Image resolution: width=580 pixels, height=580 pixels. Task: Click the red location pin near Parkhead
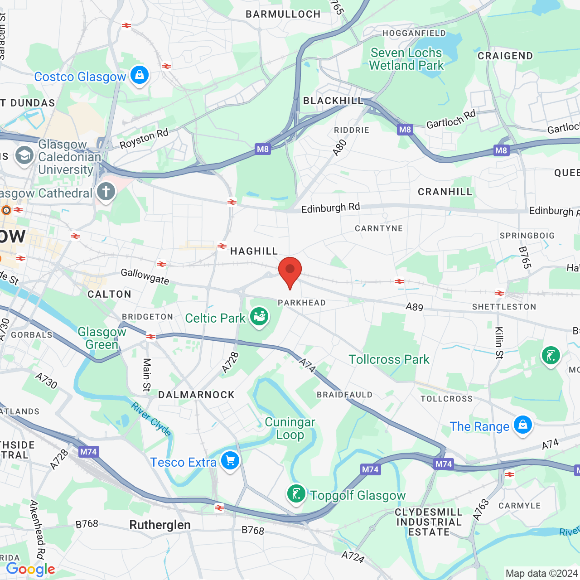click(x=290, y=271)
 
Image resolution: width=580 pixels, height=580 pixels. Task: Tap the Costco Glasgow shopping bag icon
click(x=140, y=75)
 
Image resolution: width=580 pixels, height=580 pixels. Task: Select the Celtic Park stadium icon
click(x=259, y=316)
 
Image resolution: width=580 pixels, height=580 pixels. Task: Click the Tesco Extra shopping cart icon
click(x=230, y=461)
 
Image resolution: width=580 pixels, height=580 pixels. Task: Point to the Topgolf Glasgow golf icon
click(x=296, y=494)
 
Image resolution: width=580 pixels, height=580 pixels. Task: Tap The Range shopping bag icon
click(x=522, y=425)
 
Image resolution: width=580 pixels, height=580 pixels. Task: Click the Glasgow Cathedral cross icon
click(x=106, y=192)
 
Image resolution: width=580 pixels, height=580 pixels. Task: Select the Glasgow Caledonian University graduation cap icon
click(x=24, y=156)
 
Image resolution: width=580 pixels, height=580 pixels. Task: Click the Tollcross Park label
click(x=389, y=359)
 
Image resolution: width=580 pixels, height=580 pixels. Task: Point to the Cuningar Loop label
click(x=290, y=428)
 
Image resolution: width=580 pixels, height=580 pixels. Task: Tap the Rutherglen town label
click(x=160, y=525)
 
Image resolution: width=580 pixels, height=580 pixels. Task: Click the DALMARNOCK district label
click(x=196, y=395)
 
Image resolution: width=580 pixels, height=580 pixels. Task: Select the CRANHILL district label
click(x=445, y=192)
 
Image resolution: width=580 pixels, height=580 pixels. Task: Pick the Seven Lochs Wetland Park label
click(x=406, y=59)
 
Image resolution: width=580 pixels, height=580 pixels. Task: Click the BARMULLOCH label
click(x=283, y=14)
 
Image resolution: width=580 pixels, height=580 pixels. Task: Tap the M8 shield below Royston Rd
click(x=263, y=149)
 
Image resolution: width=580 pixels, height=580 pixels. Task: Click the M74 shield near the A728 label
click(x=88, y=452)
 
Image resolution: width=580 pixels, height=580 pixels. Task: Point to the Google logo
click(x=30, y=569)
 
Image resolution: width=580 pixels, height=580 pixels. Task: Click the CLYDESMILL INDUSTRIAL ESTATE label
click(x=428, y=522)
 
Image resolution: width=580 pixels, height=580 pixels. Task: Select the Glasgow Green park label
click(x=102, y=338)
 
